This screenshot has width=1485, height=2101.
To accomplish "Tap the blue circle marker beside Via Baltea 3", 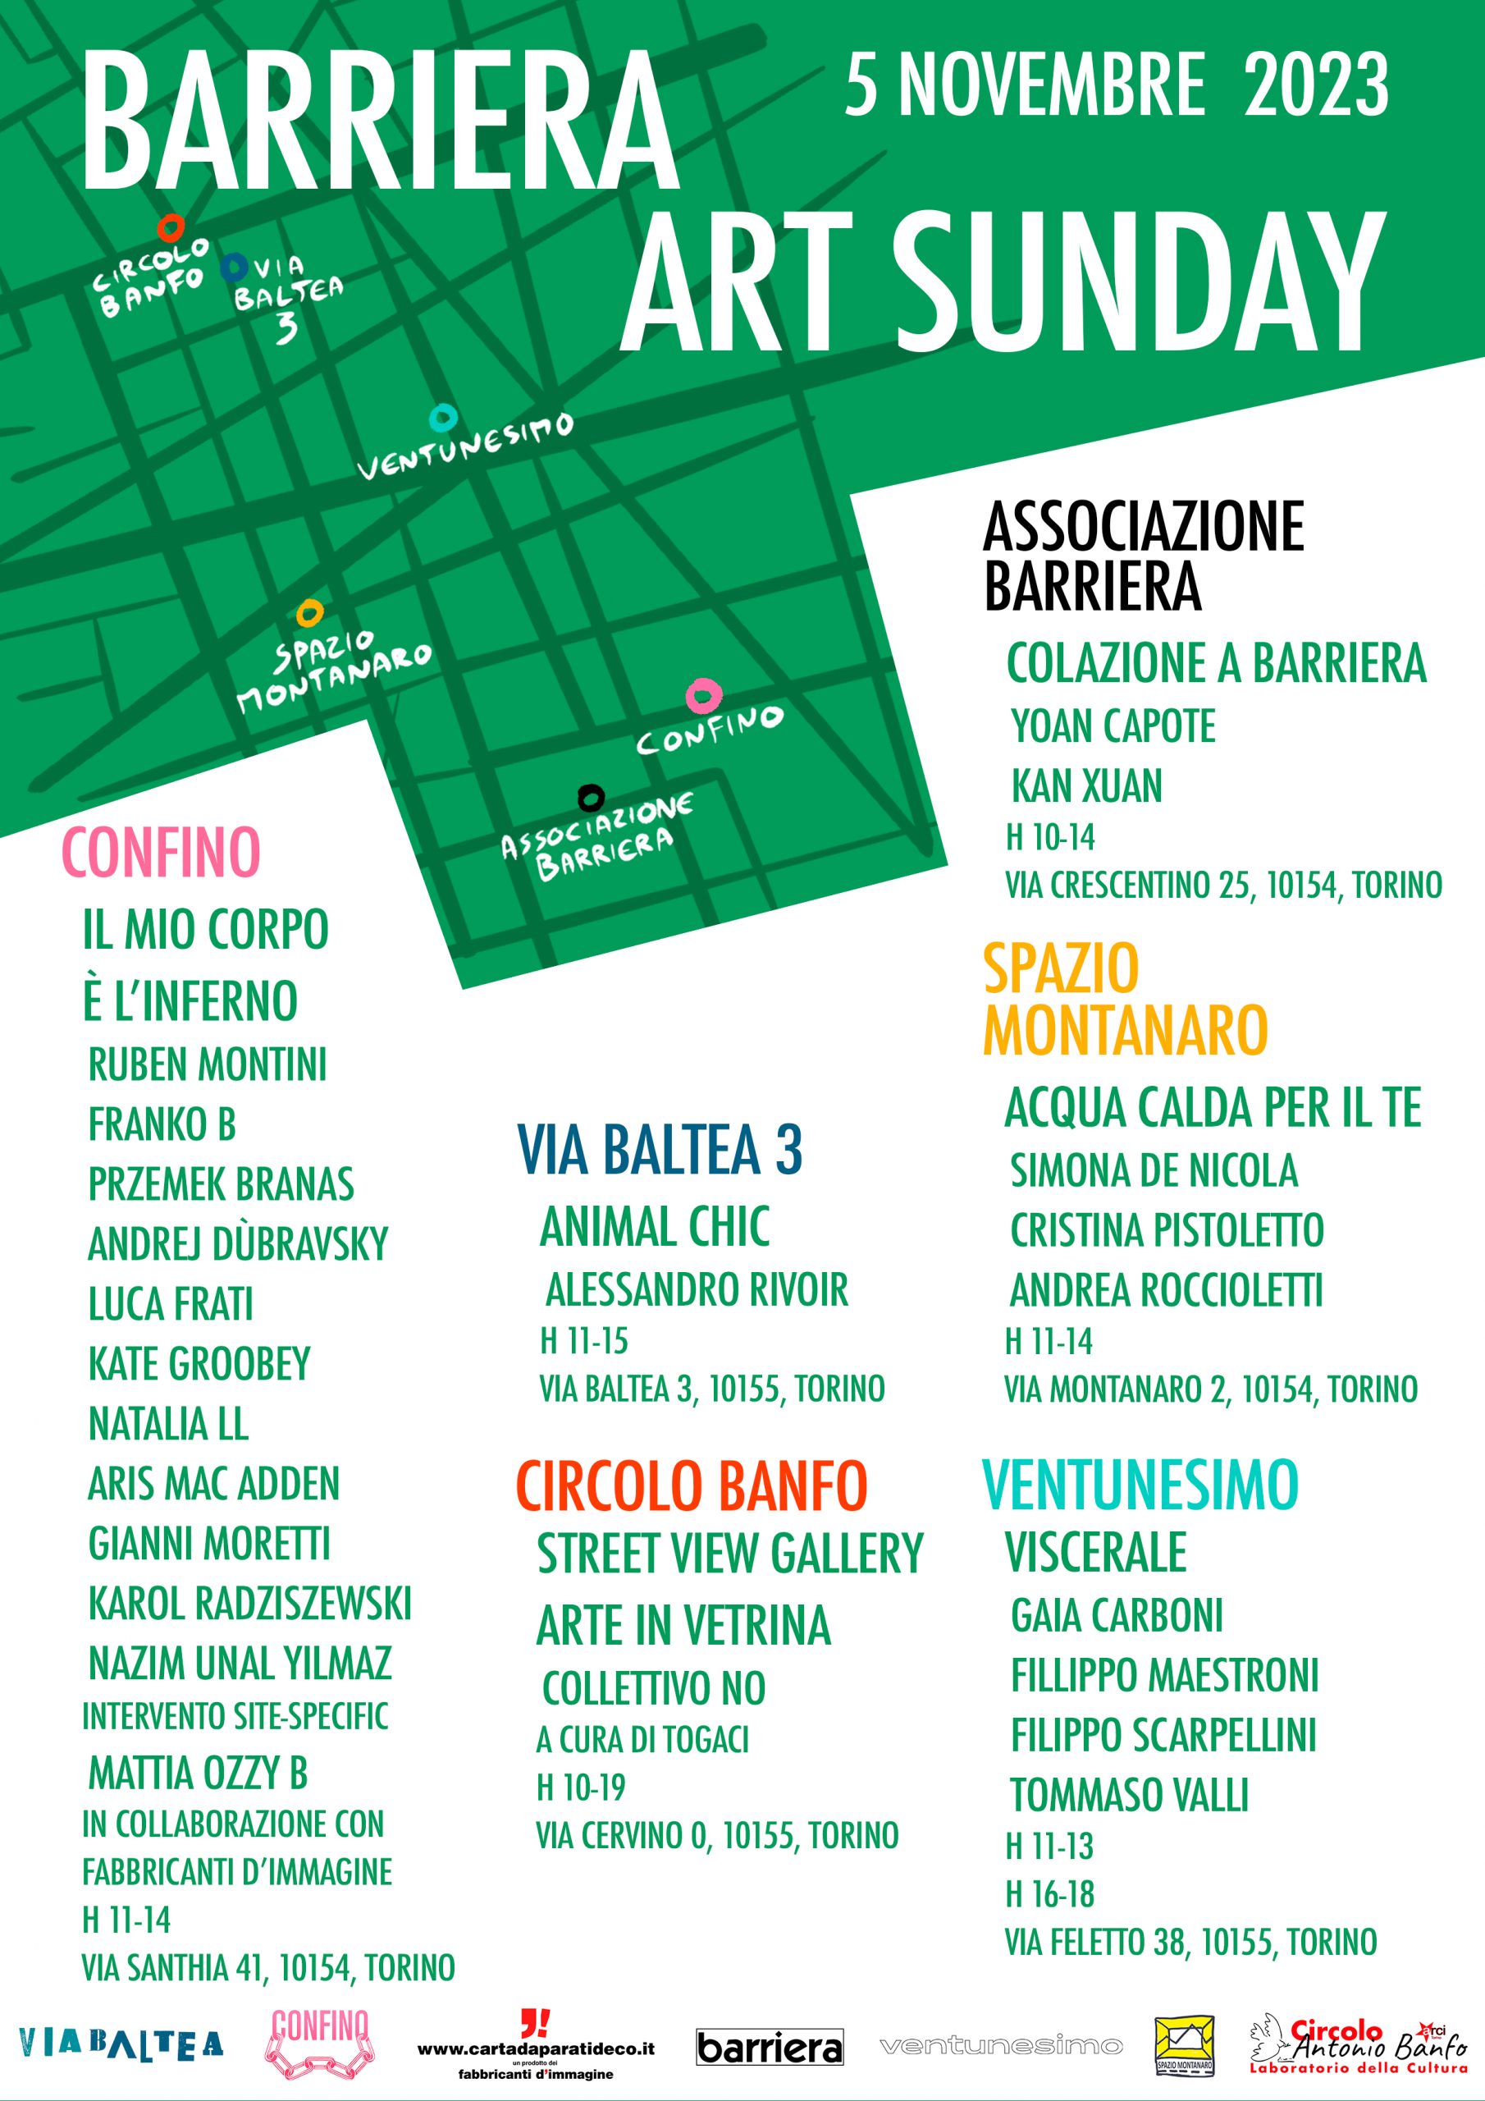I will click(x=234, y=266).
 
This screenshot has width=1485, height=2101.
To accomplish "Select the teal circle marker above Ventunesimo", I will click(x=444, y=419).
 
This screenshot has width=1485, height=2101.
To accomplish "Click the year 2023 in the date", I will click(x=1317, y=85).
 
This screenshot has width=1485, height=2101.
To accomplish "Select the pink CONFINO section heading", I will click(x=161, y=853).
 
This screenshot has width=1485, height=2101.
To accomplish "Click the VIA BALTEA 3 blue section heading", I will click(x=660, y=1151).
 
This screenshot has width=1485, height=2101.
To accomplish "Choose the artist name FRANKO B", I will click(x=162, y=1124).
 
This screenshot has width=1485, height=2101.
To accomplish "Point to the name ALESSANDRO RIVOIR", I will click(x=697, y=1290).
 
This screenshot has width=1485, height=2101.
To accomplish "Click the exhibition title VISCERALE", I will click(x=1095, y=1551).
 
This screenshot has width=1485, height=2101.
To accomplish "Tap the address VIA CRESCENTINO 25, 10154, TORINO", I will click(x=1223, y=885).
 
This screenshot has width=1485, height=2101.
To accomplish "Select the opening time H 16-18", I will click(x=1049, y=1893).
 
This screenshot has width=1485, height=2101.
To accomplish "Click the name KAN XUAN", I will click(x=1086, y=786).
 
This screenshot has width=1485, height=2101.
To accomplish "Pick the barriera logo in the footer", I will click(x=770, y=2047).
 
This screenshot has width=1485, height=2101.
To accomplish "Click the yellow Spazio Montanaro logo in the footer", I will click(x=1184, y=2044).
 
